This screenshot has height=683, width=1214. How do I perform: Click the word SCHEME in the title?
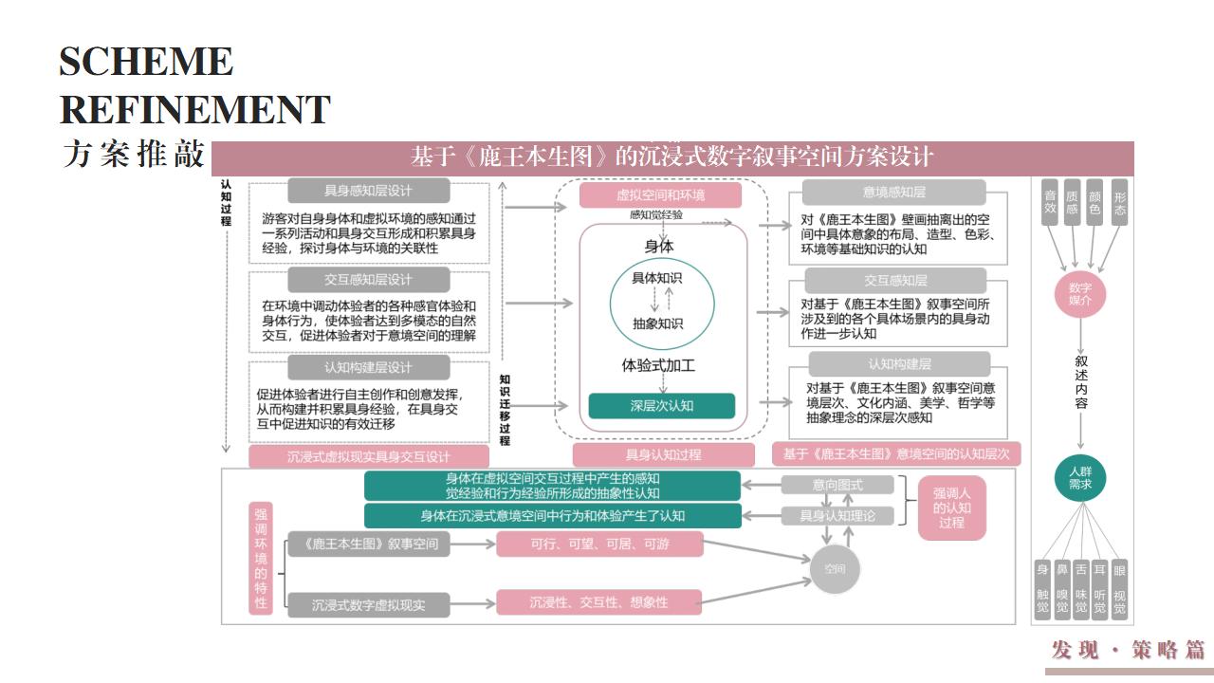146,62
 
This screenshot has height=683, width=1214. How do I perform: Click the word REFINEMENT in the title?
194,109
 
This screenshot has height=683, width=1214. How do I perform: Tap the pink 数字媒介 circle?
1079,293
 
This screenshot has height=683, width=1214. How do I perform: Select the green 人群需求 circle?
1080,477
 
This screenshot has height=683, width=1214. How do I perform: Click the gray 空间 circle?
834,569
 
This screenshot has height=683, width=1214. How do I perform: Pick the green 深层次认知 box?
662,405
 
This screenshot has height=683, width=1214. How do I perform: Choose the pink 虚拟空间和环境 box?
661,195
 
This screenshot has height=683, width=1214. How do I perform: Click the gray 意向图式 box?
837,485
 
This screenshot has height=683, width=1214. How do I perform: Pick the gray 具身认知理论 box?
837,516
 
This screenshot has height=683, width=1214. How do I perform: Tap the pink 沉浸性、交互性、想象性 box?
598,602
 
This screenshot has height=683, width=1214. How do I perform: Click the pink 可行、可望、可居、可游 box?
598,544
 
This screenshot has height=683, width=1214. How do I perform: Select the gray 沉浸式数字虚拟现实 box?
369,603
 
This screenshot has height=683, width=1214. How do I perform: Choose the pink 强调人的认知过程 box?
951,508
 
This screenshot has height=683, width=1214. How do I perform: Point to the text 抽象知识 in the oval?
657,323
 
